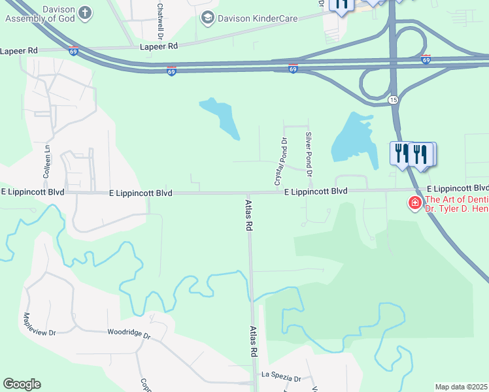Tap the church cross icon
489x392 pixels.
pos(84,12)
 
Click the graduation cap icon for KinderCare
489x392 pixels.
pos(208,18)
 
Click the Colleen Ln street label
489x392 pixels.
pos(46,163)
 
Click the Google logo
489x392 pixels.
pos(22,384)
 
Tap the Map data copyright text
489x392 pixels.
pos(462,387)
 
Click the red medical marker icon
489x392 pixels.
pos(414,204)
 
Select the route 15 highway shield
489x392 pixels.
pos(392,99)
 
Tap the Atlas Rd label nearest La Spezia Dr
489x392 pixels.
pos(254,342)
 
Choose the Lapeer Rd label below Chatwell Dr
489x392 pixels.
pos(158,46)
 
